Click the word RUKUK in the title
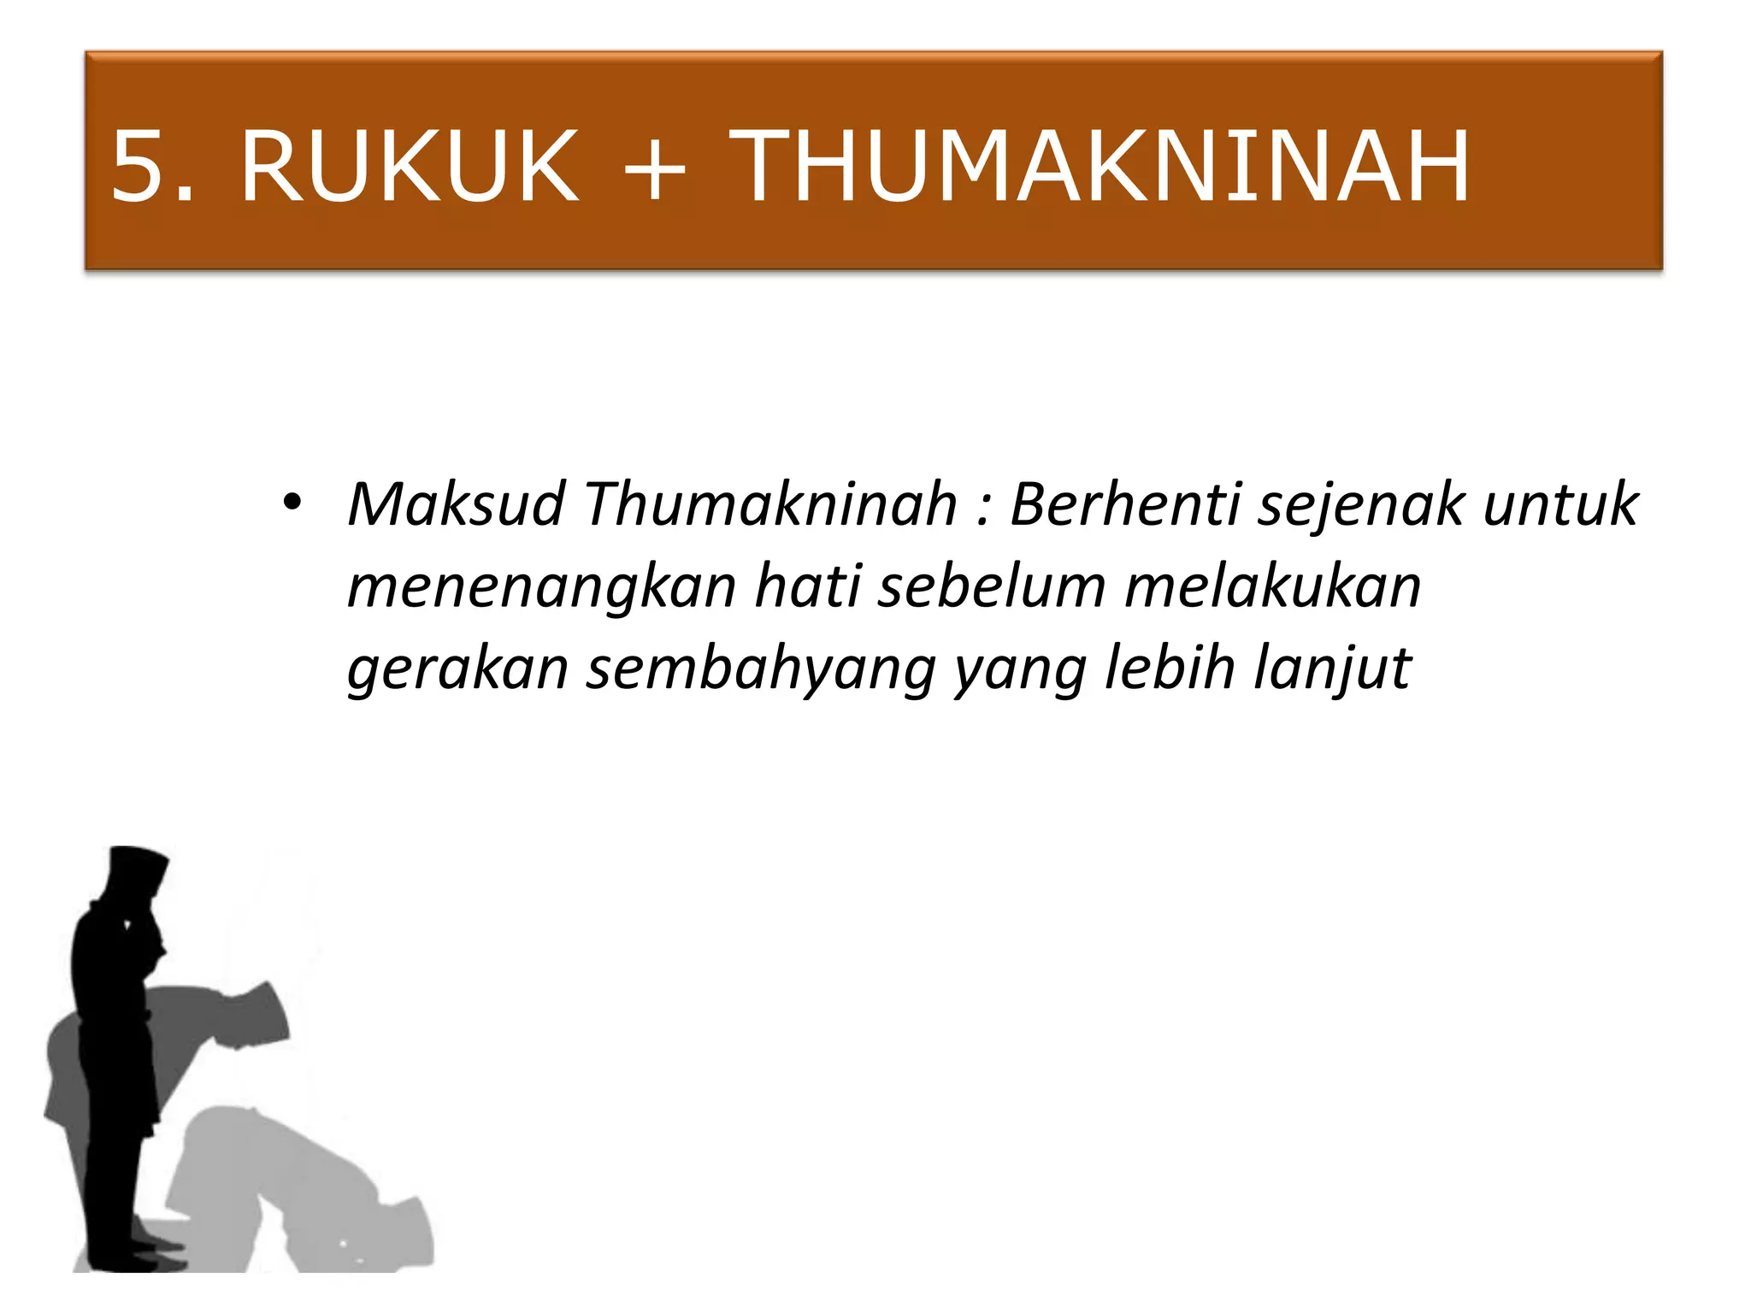(410, 166)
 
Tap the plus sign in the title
(654, 168)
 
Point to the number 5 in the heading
(141, 166)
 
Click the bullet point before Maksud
(292, 502)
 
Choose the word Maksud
(456, 503)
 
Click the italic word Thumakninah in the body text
(770, 503)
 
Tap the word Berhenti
(1124, 503)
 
